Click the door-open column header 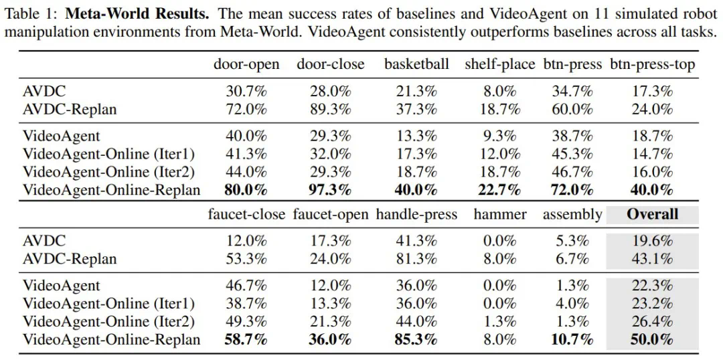coord(246,64)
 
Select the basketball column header coord(416,64)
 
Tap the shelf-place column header coord(499,64)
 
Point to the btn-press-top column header coord(652,64)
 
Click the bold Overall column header coord(652,215)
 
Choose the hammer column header coord(499,215)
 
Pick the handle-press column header coord(416,215)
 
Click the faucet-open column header coord(331,215)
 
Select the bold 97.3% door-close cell coord(331,189)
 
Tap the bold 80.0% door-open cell coord(246,189)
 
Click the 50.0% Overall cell coord(652,340)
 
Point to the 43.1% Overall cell coord(652,259)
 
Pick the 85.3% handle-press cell coord(416,340)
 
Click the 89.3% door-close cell coord(331,108)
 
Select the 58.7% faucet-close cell coord(246,340)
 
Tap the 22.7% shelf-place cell coord(499,189)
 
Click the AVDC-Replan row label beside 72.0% coord(70,108)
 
